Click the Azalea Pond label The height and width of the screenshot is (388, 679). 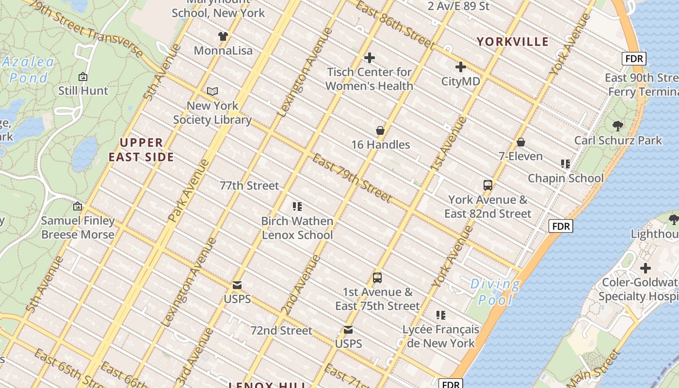28,70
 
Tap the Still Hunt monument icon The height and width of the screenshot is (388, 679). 83,77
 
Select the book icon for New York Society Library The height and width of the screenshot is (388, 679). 212,91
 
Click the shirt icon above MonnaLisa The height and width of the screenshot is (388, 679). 223,36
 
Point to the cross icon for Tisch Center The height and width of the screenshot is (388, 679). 370,58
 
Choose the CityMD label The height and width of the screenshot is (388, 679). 460,81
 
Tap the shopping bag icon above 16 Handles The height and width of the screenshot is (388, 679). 380,130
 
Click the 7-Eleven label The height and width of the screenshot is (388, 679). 520,156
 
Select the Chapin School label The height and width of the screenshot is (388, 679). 566,178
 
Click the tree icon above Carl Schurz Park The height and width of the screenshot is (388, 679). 618,126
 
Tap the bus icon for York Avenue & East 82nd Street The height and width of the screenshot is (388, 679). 488,185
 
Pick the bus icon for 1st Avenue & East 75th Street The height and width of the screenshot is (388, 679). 377,278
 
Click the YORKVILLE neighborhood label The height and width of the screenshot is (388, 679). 512,42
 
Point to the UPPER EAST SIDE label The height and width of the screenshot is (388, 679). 141,150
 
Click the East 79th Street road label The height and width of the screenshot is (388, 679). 352,178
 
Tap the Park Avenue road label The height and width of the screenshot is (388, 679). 189,191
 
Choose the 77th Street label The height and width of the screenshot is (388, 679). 249,186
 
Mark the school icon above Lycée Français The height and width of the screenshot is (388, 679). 441,315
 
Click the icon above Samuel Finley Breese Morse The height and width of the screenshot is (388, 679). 78,207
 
